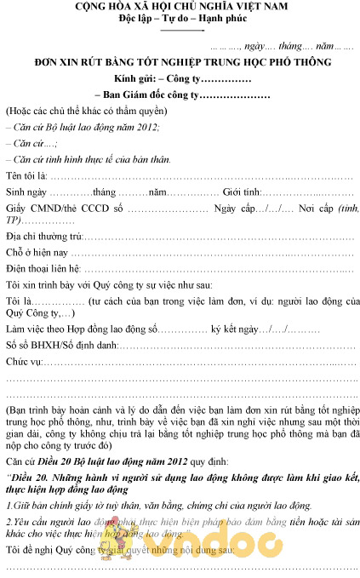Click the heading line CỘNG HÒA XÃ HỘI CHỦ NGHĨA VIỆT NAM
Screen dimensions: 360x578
(180, 7)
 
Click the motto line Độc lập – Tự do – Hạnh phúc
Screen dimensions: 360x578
(180, 19)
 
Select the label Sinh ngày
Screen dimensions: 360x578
(27, 193)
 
